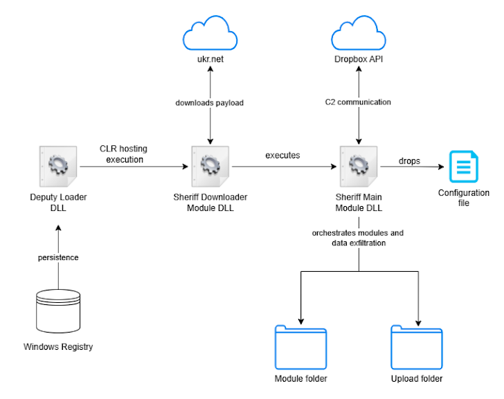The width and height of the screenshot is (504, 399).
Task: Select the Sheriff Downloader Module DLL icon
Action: [209, 166]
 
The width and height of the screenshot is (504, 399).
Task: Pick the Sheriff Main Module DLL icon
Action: [358, 166]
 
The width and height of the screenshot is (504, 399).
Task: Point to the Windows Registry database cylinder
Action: [57, 309]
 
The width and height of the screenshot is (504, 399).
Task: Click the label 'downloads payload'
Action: [209, 102]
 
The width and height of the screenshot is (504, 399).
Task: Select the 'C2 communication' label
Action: [358, 102]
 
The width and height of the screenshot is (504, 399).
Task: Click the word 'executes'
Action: [282, 156]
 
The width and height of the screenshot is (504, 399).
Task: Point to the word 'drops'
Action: [409, 161]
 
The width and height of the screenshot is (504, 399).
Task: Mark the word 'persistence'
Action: [57, 257]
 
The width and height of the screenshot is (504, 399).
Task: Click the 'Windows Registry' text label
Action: [57, 346]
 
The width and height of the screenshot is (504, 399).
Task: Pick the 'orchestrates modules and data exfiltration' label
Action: [357, 238]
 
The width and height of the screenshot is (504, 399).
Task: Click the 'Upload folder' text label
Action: [417, 378]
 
